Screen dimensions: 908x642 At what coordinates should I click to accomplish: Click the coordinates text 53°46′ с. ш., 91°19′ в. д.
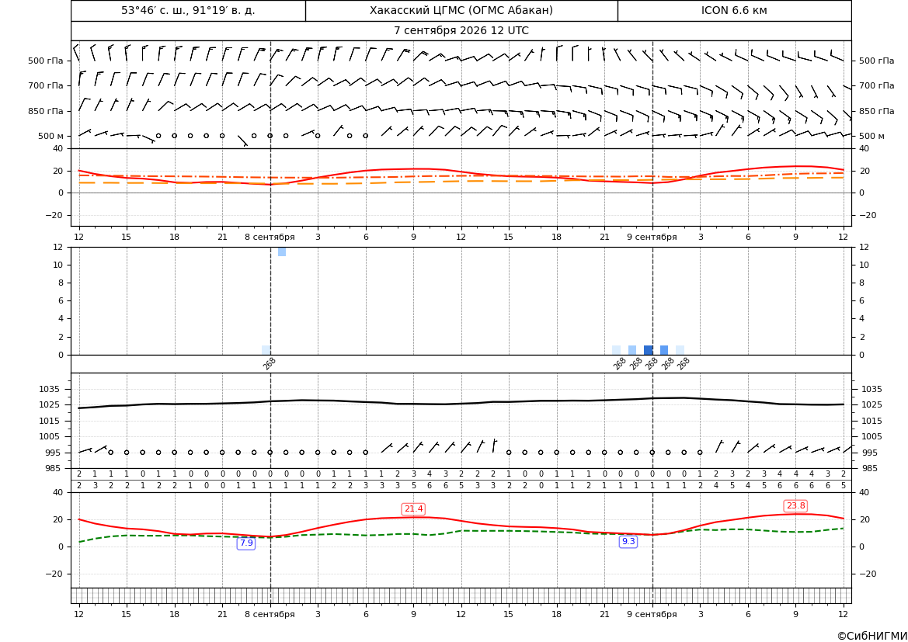pos(188,10)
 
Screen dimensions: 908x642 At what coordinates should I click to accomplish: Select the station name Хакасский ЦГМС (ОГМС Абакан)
pos(461,10)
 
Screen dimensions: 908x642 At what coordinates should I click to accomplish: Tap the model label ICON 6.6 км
pos(734,10)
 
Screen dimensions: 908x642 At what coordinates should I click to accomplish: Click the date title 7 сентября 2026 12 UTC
pos(461,31)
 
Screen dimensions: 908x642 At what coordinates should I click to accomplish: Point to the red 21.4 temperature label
pos(413,508)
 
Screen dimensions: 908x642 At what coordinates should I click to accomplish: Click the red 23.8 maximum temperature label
pos(795,505)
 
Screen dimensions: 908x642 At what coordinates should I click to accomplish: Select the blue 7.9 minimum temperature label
pos(246,543)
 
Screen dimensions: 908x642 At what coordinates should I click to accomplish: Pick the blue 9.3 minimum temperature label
pos(628,542)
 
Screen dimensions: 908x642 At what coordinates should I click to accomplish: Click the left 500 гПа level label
pos(46,61)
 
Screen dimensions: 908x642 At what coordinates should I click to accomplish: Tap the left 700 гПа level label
pos(46,85)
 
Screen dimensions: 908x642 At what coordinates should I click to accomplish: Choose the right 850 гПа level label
pos(877,111)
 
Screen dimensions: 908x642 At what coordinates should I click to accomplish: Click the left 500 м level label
pos(51,137)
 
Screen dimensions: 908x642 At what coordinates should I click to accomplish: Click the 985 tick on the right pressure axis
pos(869,468)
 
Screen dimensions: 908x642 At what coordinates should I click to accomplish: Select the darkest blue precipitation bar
pos(649,350)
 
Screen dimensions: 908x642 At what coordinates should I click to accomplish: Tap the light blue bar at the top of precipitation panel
pos(282,252)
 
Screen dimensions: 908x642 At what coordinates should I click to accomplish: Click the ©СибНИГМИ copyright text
pos(872,637)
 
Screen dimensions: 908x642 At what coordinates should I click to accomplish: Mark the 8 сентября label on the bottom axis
pos(270,614)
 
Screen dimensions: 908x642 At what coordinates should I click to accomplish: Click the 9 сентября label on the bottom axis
pos(652,614)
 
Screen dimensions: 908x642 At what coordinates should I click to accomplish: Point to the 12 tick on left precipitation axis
pos(58,247)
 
